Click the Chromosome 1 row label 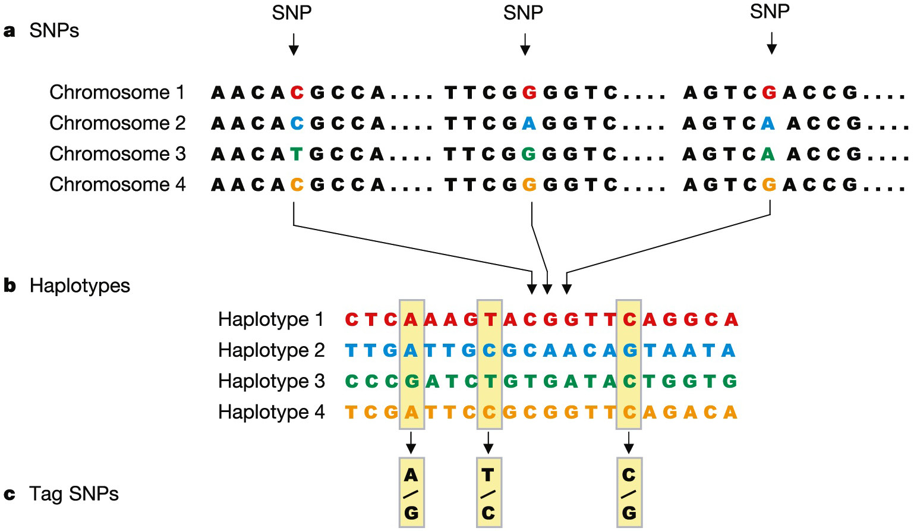(117, 92)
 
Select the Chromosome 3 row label (118, 154)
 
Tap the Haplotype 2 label (271, 350)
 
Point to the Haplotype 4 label (271, 412)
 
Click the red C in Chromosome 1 (297, 93)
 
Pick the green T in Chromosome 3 (297, 155)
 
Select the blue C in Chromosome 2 (297, 124)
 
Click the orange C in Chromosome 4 (297, 185)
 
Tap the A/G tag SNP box (411, 493)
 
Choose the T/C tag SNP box (488, 493)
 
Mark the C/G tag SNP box (629, 493)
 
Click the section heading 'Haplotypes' (80, 286)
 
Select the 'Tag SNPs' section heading (74, 494)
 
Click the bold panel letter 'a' (10, 31)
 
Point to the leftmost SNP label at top (292, 12)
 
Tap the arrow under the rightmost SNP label (771, 43)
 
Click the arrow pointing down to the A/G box (411, 443)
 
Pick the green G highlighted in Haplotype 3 (411, 381)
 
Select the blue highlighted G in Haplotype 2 (629, 350)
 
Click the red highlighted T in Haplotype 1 (490, 320)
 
